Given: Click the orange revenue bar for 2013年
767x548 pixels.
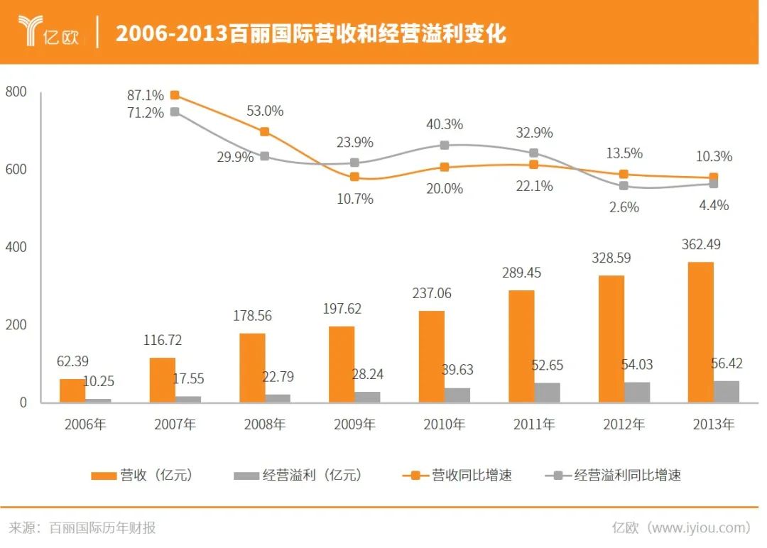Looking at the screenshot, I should pos(700,332).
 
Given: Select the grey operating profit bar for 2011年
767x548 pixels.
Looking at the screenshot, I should pos(548,393).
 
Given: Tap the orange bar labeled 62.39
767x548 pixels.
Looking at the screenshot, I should pos(72,390).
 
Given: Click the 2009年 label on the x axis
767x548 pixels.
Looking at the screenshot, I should pos(354,425).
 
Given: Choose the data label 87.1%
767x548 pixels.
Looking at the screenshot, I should pos(146,95).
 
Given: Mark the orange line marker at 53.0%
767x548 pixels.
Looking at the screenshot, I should pos(264,131).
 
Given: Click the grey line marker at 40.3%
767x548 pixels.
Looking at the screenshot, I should pos(444,145).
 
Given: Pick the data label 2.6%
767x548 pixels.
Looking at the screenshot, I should pos(624,207).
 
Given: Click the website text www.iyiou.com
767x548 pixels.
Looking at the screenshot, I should pos(700,527).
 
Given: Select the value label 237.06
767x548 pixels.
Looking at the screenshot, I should pos(431,293).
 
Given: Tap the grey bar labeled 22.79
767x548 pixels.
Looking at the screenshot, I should pos(278,398).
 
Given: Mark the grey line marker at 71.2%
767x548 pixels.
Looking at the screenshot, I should pos(175,111).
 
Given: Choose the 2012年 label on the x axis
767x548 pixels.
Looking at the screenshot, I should pos(624,425).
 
